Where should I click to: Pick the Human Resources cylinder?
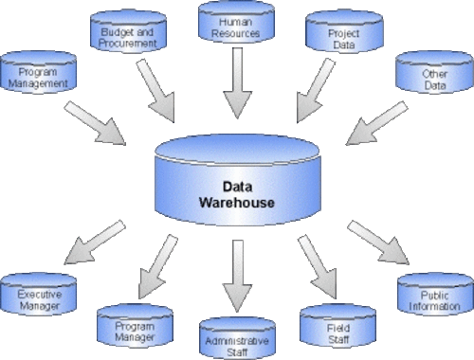click(x=236, y=25)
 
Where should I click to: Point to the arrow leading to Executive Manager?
click(x=95, y=243)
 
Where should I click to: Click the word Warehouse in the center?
click(x=236, y=203)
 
